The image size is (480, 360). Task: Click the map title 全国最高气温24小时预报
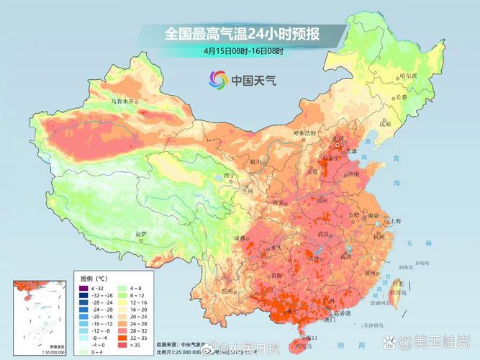[243, 34]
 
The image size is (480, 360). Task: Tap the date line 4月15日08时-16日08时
[243, 50]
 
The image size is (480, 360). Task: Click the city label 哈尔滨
[408, 75]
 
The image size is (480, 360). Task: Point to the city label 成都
[240, 238]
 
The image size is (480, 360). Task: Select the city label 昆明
[228, 289]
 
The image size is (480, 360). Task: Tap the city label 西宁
[230, 175]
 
